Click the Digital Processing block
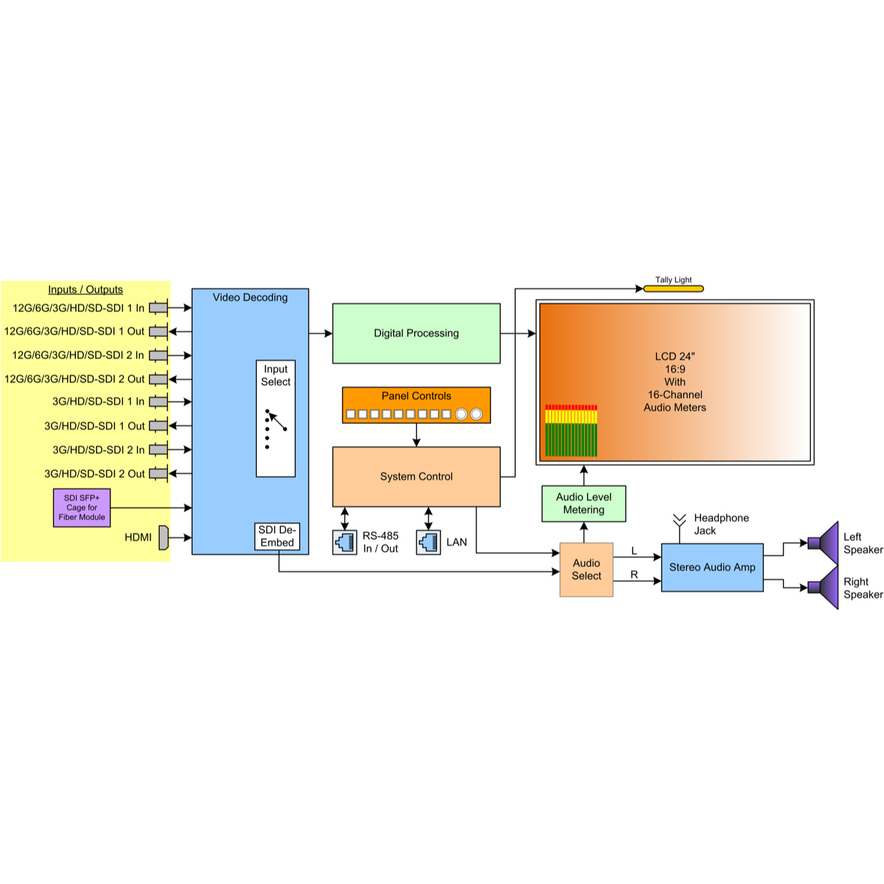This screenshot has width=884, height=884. (x=416, y=333)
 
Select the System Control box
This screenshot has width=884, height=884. (x=416, y=477)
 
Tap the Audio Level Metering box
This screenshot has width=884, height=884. (x=584, y=503)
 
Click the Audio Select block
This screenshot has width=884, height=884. (x=586, y=569)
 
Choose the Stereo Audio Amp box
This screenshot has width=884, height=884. (x=712, y=567)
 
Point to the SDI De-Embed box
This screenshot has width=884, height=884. (x=277, y=537)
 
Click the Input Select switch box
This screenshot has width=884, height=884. (x=276, y=419)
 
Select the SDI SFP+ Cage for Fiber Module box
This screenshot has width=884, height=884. (x=81, y=508)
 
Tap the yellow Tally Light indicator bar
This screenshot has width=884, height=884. (x=673, y=289)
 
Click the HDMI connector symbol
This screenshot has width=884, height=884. (x=164, y=537)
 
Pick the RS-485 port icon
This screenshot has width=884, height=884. (x=345, y=542)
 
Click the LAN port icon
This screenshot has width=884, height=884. (x=428, y=542)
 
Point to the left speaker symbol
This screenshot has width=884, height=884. (x=823, y=543)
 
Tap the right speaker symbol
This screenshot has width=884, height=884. (x=823, y=588)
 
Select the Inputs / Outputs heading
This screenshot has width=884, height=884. (x=86, y=289)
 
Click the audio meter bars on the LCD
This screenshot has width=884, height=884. (x=571, y=431)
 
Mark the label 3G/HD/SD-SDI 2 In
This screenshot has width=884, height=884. (x=99, y=450)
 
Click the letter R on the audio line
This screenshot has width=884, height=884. (x=634, y=575)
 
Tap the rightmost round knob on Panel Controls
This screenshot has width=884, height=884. (x=476, y=414)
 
